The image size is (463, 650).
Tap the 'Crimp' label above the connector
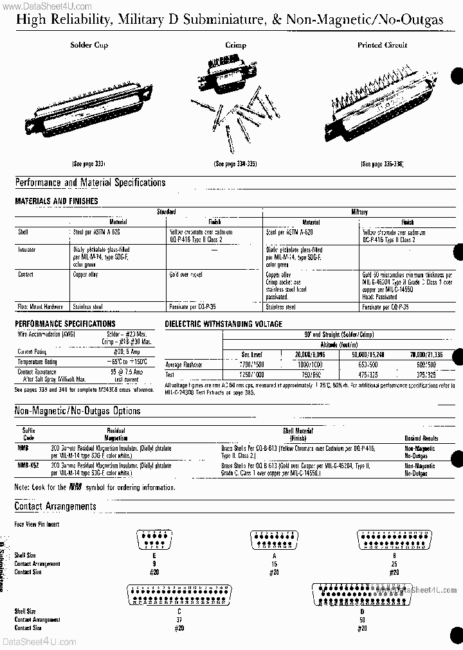click(235, 45)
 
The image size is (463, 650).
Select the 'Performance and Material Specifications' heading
click(90, 182)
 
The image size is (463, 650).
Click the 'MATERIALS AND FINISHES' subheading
click(57, 201)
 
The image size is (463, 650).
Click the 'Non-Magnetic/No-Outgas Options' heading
click(77, 411)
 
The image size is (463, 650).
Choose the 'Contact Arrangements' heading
click(55, 506)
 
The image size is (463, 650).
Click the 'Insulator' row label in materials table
click(27, 248)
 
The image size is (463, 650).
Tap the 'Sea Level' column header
click(251, 354)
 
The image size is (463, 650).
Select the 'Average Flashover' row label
click(184, 364)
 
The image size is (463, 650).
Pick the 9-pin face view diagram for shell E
click(154, 538)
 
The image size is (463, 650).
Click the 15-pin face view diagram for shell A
click(275, 538)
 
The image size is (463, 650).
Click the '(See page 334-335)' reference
click(235, 164)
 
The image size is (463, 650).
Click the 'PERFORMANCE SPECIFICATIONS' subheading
click(65, 324)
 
